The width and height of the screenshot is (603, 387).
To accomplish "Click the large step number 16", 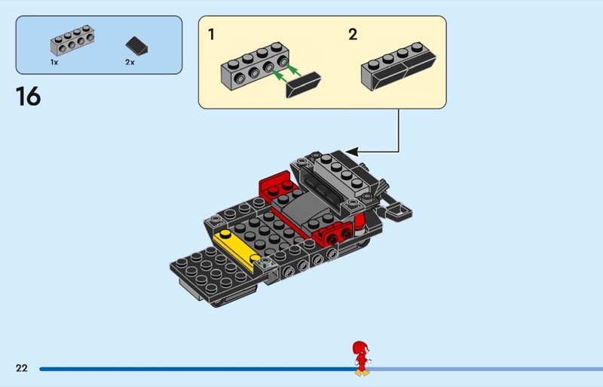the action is [28, 97].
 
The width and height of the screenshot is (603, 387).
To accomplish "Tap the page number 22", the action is [22, 368].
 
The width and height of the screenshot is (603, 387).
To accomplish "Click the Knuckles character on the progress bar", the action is [362, 358].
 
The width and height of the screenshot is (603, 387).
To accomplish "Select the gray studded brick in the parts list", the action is [72, 41].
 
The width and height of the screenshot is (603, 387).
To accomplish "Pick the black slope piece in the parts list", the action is [136, 46].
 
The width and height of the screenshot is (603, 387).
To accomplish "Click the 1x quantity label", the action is [54, 62].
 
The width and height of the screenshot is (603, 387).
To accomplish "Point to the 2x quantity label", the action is [130, 62].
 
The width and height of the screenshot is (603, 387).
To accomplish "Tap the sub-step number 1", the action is [211, 34].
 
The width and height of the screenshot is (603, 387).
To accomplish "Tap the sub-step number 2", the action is [353, 34].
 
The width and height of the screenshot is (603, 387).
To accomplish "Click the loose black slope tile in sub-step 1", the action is [304, 84].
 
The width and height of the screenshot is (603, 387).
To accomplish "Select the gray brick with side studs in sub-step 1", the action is [255, 66].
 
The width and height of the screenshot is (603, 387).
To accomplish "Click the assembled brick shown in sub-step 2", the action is [399, 66].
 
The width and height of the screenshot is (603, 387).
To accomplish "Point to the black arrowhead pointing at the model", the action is [352, 152].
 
